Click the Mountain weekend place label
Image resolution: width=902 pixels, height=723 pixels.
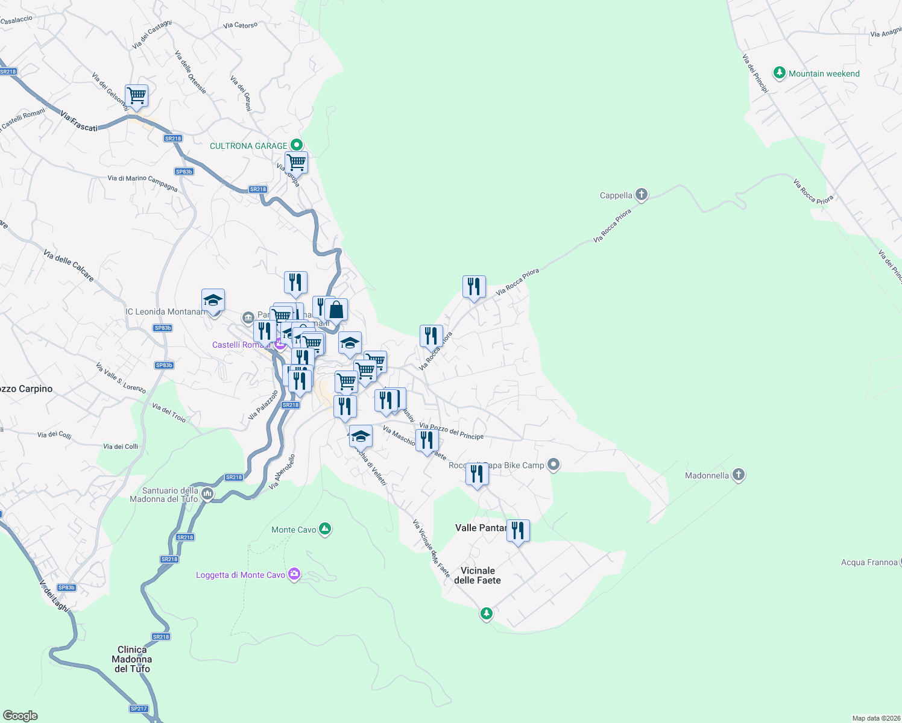click(824, 74)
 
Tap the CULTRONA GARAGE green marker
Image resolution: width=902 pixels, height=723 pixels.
click(296, 145)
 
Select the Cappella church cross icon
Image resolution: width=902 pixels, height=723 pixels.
click(641, 195)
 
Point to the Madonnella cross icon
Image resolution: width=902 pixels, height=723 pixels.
click(739, 475)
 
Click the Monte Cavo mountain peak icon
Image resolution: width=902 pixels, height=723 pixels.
click(325, 529)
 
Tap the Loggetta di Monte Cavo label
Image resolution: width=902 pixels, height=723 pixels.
click(240, 575)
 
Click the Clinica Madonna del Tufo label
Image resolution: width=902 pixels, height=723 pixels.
click(132, 659)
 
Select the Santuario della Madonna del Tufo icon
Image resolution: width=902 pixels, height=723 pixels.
click(207, 495)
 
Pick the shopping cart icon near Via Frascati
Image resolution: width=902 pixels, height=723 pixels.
click(137, 95)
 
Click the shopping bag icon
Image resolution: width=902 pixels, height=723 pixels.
click(336, 310)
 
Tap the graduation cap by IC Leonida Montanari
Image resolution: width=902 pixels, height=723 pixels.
click(213, 299)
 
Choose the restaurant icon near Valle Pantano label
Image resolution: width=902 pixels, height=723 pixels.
click(518, 531)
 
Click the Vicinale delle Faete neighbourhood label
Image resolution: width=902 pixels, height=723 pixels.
click(478, 575)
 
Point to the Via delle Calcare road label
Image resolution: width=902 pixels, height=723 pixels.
click(69, 266)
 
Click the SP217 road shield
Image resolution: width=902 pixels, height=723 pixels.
click(139, 709)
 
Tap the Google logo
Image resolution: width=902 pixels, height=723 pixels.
click(20, 716)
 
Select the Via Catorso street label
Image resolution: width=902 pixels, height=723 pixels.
click(240, 25)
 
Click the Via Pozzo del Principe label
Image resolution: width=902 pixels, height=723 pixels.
click(452, 431)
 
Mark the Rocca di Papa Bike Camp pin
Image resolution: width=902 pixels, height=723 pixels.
click(554, 465)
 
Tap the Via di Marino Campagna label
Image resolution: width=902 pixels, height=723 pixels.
click(142, 183)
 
